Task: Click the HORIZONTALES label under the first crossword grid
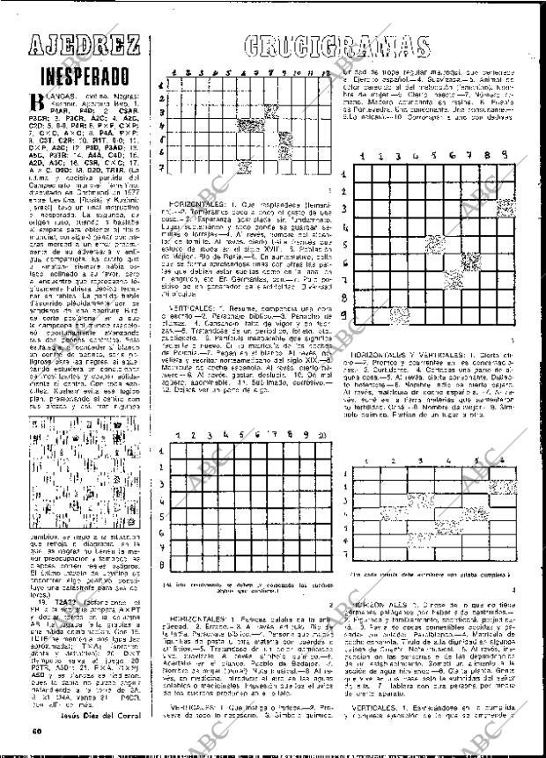pos(190,203)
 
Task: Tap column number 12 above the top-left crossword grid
pos(322,74)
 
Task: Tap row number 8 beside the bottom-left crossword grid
pos(160,567)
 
